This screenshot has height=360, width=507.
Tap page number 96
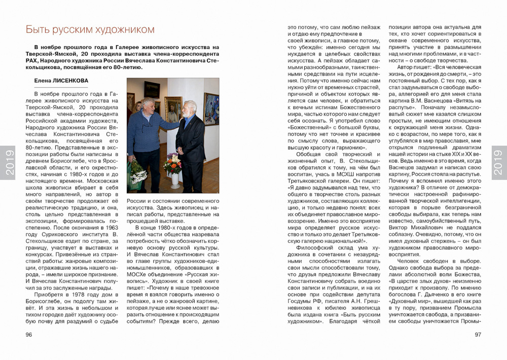pyautogui.click(x=29, y=335)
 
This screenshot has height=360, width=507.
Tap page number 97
pyautogui.click(x=478, y=335)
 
